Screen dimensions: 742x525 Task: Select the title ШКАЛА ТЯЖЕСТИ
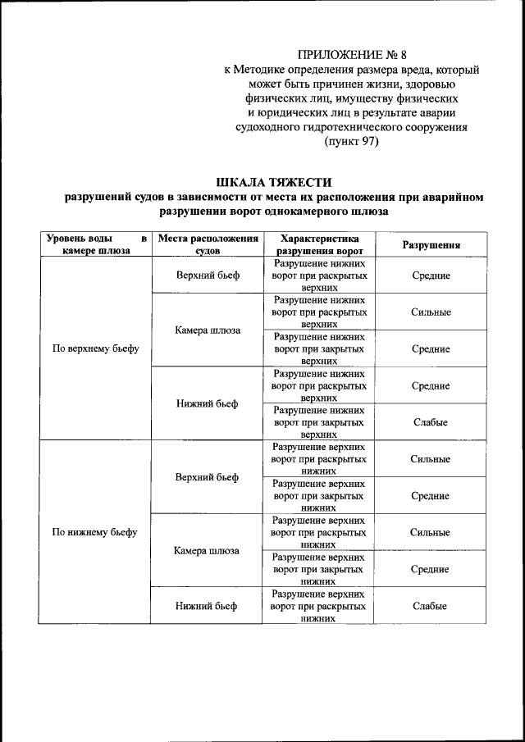[275, 182]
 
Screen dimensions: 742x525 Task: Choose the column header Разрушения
[430, 245]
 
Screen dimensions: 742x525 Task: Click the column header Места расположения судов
[208, 244]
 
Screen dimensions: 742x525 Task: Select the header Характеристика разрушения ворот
[319, 244]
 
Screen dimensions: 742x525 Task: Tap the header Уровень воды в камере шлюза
[95, 244]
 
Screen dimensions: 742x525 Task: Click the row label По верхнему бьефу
[95, 348]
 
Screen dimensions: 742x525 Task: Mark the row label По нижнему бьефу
[95, 532]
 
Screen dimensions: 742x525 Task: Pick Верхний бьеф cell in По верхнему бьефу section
[208, 275]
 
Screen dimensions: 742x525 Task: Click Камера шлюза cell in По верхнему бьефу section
[208, 330]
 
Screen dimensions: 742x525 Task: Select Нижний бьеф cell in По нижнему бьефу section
[208, 606]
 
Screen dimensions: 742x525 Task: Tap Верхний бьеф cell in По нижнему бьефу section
[208, 477]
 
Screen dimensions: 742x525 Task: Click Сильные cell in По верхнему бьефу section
[430, 312]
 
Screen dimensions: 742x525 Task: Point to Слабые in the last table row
[430, 606]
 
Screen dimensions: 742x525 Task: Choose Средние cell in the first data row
[430, 275]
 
